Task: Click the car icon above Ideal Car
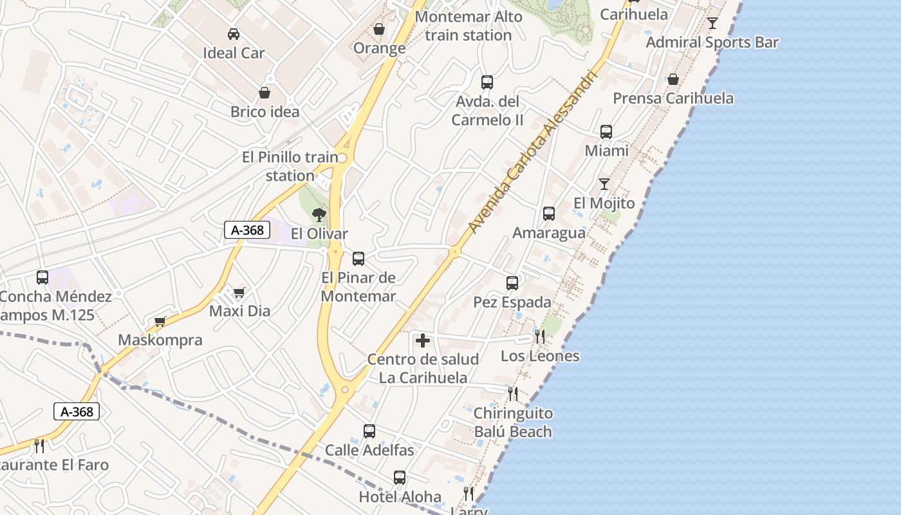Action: (234, 34)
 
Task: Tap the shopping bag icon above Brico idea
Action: (264, 93)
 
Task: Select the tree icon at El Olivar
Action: (319, 215)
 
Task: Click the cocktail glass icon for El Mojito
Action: (604, 184)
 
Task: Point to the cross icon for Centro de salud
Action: (423, 341)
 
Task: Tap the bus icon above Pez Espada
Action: (512, 283)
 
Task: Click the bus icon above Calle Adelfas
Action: (369, 431)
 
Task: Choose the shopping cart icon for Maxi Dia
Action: (239, 293)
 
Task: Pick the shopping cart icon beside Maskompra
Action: (160, 321)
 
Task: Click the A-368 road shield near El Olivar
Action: (246, 230)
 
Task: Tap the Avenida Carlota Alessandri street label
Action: (530, 152)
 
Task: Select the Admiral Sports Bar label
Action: (712, 42)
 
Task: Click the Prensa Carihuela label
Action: (673, 98)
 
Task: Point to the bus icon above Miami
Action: (606, 132)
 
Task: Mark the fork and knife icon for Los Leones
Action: (539, 336)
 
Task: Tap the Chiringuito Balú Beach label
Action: (513, 422)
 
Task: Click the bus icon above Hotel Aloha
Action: (400, 478)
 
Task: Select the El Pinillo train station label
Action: (290, 166)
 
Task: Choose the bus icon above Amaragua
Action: (549, 214)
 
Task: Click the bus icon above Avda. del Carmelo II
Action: (487, 82)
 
